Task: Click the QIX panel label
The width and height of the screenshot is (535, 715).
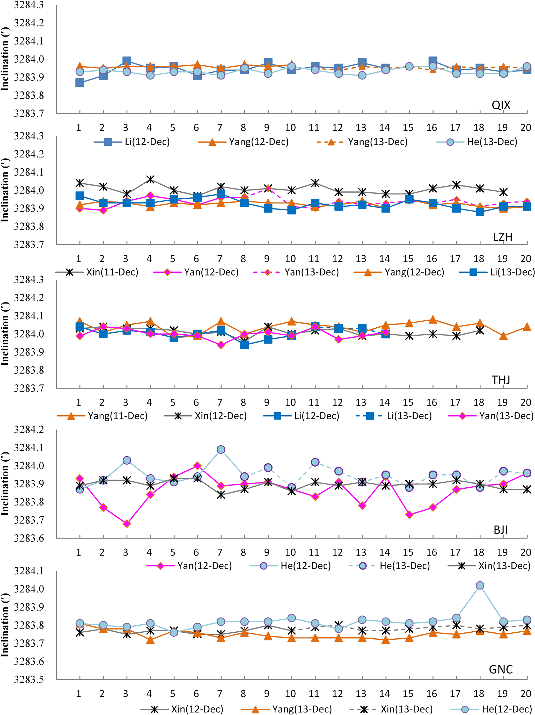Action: coord(501,105)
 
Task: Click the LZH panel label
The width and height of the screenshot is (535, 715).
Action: coord(502,237)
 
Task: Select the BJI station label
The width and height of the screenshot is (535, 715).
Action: coord(500,530)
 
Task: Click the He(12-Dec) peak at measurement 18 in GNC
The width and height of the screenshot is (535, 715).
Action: coord(480,585)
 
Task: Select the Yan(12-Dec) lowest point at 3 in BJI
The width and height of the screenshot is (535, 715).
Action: coord(127,524)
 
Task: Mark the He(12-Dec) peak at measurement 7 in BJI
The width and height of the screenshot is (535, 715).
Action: coord(221,450)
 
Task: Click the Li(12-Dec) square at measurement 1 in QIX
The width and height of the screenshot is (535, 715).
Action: coord(80,83)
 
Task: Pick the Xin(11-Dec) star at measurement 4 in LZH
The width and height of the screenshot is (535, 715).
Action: coord(150,179)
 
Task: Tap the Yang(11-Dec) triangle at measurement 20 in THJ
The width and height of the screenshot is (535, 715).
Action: coord(527,327)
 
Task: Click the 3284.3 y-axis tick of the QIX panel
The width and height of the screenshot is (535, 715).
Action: coord(29,5)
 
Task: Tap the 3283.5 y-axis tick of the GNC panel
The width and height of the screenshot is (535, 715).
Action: coord(29,680)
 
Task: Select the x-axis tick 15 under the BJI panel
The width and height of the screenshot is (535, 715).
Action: coord(408,552)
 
